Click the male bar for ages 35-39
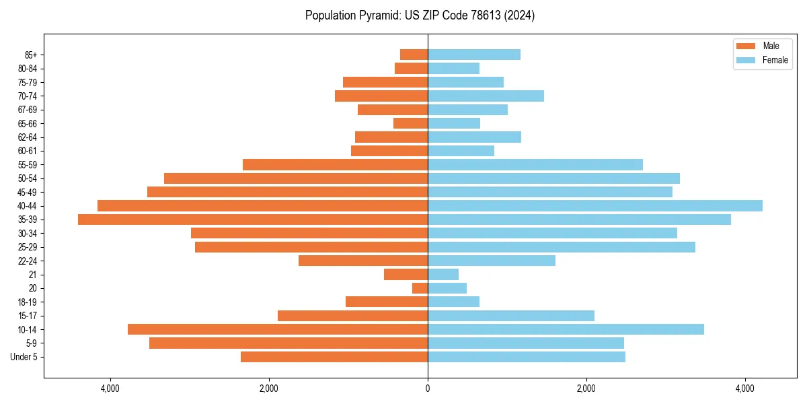pyautogui.click(x=253, y=220)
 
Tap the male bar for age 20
pyautogui.click(x=420, y=288)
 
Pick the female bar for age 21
pyautogui.click(x=443, y=275)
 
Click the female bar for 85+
pyautogui.click(x=474, y=55)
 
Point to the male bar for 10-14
pyautogui.click(x=278, y=329)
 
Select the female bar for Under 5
pyautogui.click(x=527, y=357)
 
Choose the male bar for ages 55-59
pyautogui.click(x=335, y=164)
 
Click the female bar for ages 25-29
pyautogui.click(x=562, y=247)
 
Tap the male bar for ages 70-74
pyautogui.click(x=381, y=96)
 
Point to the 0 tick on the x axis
pyautogui.click(x=428, y=389)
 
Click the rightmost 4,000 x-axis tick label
pyautogui.click(x=745, y=389)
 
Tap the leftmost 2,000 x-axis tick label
pyautogui.click(x=269, y=389)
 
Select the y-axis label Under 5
pyautogui.click(x=24, y=357)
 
